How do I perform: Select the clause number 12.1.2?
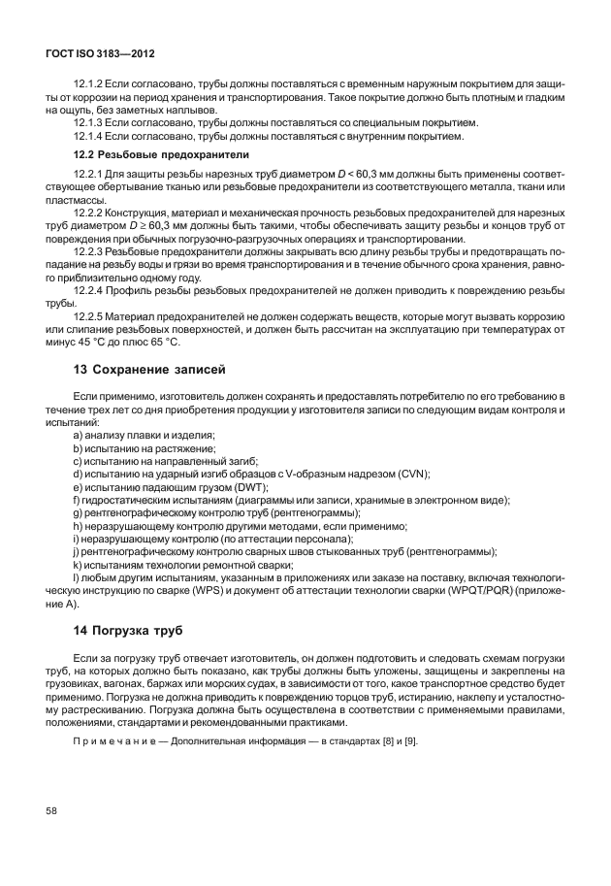[89, 85]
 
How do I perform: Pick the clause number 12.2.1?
[89, 174]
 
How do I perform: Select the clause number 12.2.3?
[89, 250]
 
